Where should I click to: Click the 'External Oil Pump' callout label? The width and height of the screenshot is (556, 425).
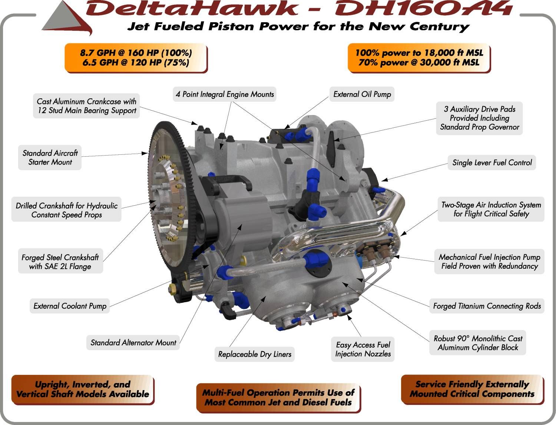click(x=362, y=94)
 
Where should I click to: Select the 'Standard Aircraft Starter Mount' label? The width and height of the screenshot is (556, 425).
click(x=50, y=157)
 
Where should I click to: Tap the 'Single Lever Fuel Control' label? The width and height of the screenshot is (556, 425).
click(x=492, y=163)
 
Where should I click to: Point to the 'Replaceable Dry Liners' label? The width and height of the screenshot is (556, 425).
click(x=255, y=354)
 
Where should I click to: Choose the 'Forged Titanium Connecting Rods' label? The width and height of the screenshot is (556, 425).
click(x=487, y=306)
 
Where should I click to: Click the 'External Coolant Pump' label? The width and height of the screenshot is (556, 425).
click(x=70, y=306)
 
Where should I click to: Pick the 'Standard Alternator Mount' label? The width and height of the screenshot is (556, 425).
click(x=133, y=343)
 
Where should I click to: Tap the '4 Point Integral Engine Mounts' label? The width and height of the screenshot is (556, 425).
click(x=225, y=94)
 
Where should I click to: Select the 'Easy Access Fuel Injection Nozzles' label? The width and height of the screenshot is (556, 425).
click(x=363, y=349)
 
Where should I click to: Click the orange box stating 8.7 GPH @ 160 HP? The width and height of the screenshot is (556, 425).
click(x=136, y=58)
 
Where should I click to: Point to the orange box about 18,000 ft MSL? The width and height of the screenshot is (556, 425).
click(x=419, y=58)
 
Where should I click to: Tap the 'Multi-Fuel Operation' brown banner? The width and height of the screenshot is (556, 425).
click(x=278, y=398)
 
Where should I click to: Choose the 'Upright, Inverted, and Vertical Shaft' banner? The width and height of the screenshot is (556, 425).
click(x=83, y=389)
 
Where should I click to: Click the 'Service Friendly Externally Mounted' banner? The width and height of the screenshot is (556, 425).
click(x=472, y=389)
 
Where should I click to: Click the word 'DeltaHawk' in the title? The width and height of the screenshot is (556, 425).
click(x=192, y=8)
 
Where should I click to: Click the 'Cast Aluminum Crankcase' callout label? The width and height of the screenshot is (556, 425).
click(x=86, y=106)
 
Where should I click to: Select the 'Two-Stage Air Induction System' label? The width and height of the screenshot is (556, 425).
click(x=491, y=209)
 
